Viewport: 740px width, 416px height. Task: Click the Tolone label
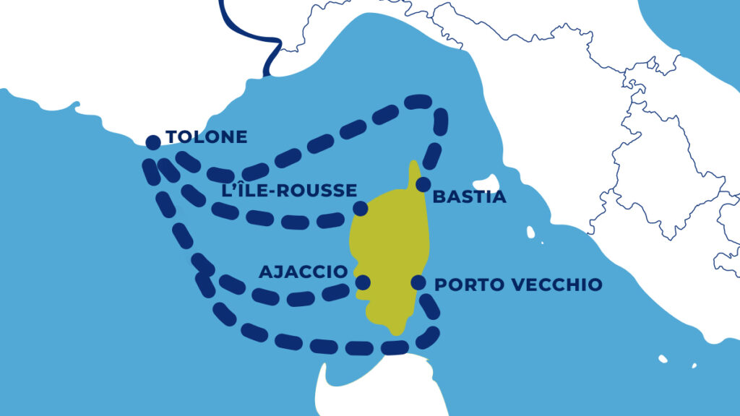pos(206,136)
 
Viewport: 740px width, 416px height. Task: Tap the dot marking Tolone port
pos(152,142)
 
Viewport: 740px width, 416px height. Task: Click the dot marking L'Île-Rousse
pos(360,209)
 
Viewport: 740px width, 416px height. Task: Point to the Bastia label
pos(469,196)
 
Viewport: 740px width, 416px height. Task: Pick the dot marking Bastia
pos(423,183)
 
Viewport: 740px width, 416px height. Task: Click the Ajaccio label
pos(304,272)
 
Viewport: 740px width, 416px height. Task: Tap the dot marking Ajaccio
pos(363,282)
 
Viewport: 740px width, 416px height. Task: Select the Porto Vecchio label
pos(517,285)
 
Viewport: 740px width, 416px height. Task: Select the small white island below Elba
pos(530,233)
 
